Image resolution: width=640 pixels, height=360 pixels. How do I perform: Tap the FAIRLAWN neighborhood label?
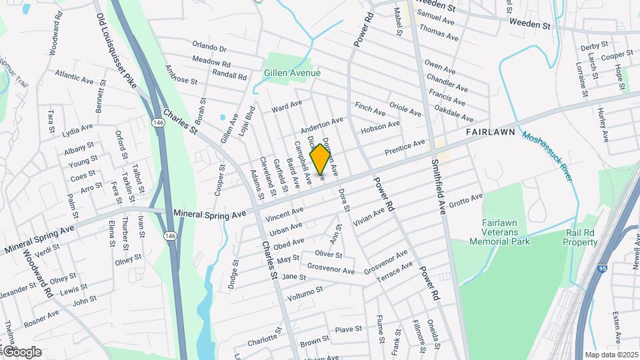(490, 133)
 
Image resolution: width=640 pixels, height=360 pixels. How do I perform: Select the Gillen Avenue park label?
(292, 73)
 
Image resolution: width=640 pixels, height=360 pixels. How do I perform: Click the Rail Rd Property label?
(581, 238)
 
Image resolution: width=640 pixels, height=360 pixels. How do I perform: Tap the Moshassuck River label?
(547, 155)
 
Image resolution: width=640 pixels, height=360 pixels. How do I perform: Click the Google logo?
(21, 351)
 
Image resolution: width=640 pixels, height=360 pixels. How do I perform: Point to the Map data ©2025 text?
(611, 355)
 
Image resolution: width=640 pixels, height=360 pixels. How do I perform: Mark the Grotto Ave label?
(465, 199)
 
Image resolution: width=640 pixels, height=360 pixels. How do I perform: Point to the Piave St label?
(348, 329)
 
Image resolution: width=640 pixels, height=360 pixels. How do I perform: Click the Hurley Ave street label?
(603, 125)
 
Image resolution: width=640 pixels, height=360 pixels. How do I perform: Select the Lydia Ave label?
(77, 127)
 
